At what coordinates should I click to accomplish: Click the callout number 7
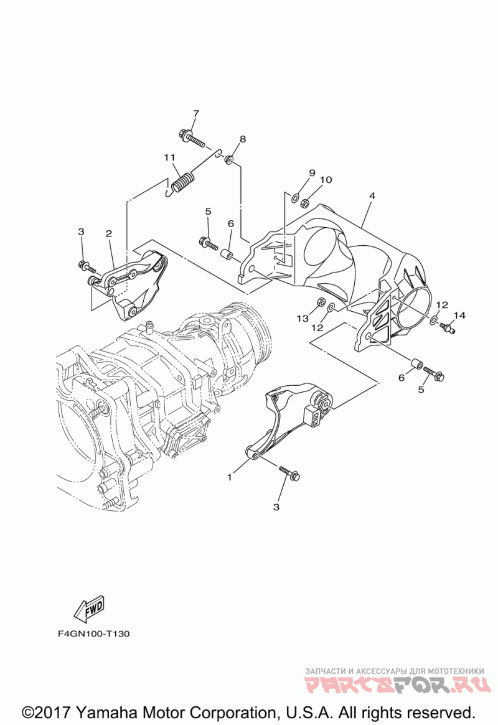tap(195, 113)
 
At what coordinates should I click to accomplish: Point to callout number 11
tap(168, 157)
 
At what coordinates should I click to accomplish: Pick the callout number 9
tap(312, 172)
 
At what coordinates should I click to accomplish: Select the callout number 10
tap(326, 180)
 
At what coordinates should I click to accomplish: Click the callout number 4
tap(372, 195)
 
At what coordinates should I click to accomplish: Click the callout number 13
tap(302, 319)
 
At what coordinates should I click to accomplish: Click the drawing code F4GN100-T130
tap(94, 635)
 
